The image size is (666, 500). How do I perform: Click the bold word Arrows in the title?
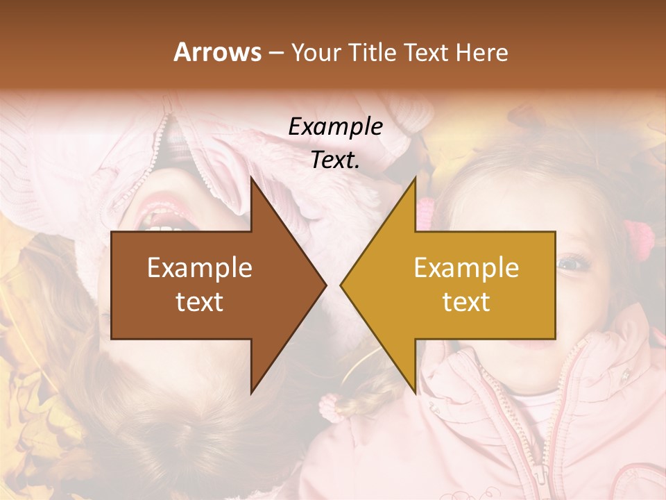coord(217,52)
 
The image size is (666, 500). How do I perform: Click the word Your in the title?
coord(313,52)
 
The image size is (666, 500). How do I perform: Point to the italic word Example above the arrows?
coord(335,127)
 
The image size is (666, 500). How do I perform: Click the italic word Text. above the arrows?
coord(335,160)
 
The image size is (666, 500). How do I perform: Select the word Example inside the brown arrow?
coord(199,268)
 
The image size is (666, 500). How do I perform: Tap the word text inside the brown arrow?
coord(199,301)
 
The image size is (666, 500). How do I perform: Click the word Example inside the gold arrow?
coord(466,268)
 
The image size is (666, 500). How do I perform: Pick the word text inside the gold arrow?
coord(466,301)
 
